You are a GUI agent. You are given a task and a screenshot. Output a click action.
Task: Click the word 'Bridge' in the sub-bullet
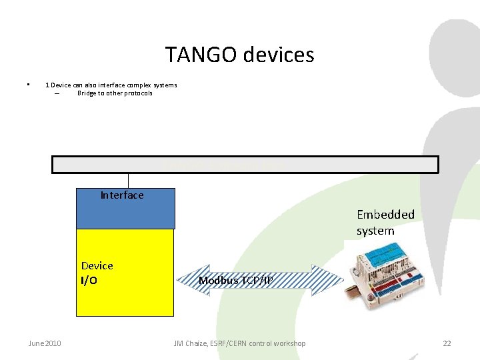[x=87, y=93]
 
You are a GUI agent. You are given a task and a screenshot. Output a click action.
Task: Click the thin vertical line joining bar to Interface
[x=128, y=181]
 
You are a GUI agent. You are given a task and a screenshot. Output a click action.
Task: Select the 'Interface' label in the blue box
[x=122, y=195]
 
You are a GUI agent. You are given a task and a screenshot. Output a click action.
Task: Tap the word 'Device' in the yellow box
[x=97, y=265]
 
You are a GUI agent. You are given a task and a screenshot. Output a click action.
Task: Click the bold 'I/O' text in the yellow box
[x=89, y=281]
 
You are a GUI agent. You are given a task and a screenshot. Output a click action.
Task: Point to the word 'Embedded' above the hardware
[x=385, y=215]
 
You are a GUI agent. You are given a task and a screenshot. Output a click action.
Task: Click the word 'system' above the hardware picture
[x=375, y=231]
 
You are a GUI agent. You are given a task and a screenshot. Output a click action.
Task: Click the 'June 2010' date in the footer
[x=45, y=343]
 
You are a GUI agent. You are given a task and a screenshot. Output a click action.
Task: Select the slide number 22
[x=447, y=343]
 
